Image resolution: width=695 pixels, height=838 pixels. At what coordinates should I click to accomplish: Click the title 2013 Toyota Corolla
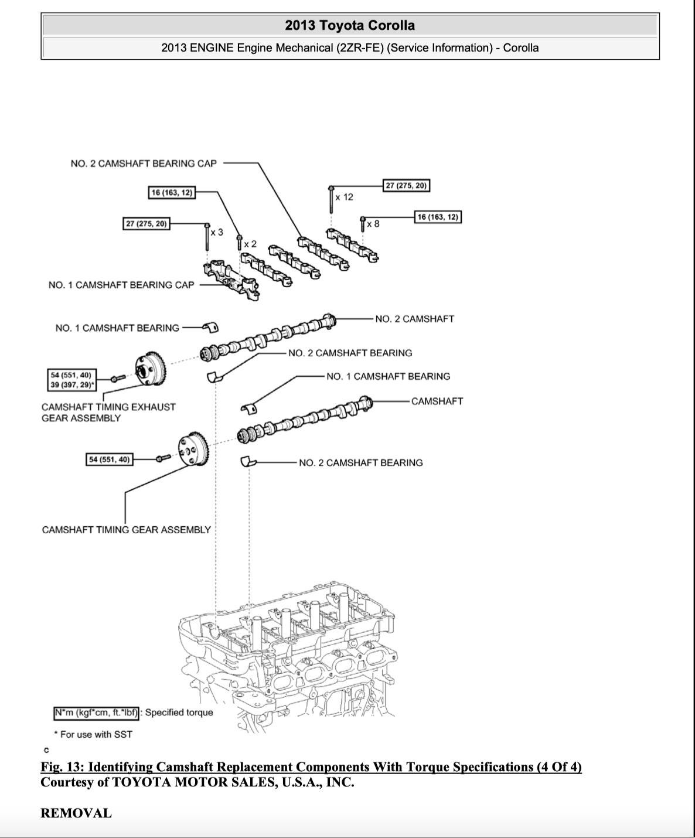[x=350, y=25]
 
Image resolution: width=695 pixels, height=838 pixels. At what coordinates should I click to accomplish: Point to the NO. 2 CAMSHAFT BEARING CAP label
[x=144, y=163]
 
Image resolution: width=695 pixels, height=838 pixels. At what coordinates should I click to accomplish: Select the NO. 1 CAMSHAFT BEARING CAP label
[x=121, y=285]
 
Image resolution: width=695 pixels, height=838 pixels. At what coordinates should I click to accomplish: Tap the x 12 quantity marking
[x=345, y=197]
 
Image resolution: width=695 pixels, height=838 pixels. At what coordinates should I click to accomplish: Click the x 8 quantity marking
[x=373, y=223]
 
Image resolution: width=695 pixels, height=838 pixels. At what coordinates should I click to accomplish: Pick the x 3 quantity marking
[x=217, y=232]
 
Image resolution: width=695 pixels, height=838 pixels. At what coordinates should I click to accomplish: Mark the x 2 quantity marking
[x=250, y=243]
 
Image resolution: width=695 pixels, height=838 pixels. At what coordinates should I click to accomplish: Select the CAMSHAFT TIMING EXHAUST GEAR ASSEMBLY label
[x=108, y=412]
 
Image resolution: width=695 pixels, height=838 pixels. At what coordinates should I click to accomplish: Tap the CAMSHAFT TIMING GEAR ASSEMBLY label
[x=126, y=530]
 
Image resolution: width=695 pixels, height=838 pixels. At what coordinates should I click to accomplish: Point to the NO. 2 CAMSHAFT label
[x=414, y=319]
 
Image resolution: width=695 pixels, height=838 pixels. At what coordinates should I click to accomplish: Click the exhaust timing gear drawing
[x=150, y=370]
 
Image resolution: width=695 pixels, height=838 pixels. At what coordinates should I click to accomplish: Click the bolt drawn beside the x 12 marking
[x=332, y=199]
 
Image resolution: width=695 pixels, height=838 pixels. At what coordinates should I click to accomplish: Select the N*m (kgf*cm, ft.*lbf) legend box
[x=96, y=713]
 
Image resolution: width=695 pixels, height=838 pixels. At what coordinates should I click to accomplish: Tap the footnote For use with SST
[x=94, y=734]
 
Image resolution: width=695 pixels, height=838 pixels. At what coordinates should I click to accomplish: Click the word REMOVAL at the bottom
[x=76, y=813]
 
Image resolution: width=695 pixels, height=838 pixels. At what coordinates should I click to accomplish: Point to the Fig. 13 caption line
[x=311, y=767]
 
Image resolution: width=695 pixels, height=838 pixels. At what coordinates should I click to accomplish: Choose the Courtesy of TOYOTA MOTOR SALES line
[x=197, y=782]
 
